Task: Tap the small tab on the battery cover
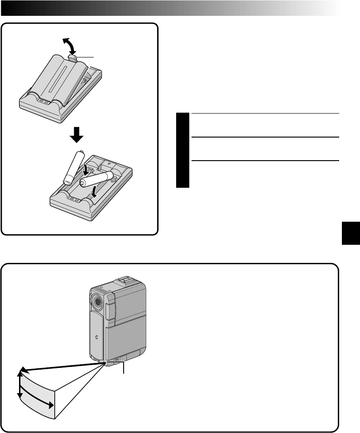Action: pyautogui.click(x=73, y=57)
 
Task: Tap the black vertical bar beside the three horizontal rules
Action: pyautogui.click(x=182, y=151)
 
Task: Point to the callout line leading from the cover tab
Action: pyautogui.click(x=86, y=57)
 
